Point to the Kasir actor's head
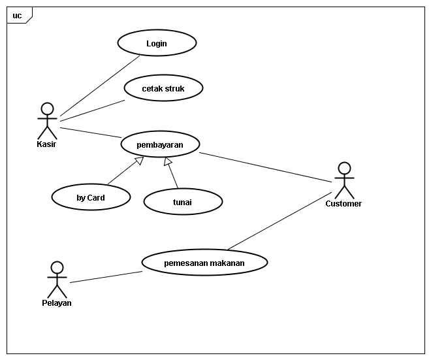47,109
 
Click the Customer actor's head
344,169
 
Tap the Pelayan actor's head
57,268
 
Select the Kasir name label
46,144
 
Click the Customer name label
343,203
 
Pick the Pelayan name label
57,303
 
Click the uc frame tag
19,16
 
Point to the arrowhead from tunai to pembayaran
167,161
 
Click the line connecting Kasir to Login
100,86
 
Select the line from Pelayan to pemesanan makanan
106,277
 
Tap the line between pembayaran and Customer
266,167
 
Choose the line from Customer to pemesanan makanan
279,221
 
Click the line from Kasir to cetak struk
93,110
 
